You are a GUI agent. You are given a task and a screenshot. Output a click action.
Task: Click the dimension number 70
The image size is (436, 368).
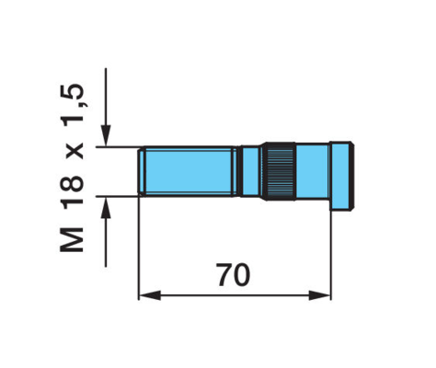click(x=234, y=274)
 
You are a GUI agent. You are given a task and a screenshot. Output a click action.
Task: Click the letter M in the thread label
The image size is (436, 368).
click(x=71, y=240)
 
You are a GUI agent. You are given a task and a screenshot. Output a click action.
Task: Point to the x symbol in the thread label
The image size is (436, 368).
click(x=74, y=151)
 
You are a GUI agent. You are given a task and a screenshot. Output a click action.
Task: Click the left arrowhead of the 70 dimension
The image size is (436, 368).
click(x=150, y=295)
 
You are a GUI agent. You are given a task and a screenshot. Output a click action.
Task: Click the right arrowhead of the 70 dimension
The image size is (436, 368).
click(x=320, y=295)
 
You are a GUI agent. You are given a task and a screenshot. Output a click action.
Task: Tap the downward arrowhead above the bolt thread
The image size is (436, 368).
click(x=106, y=135)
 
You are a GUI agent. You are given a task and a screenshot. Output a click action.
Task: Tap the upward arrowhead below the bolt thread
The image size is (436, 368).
click(x=106, y=207)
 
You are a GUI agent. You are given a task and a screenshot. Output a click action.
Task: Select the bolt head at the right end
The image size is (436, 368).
click(x=342, y=176)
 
